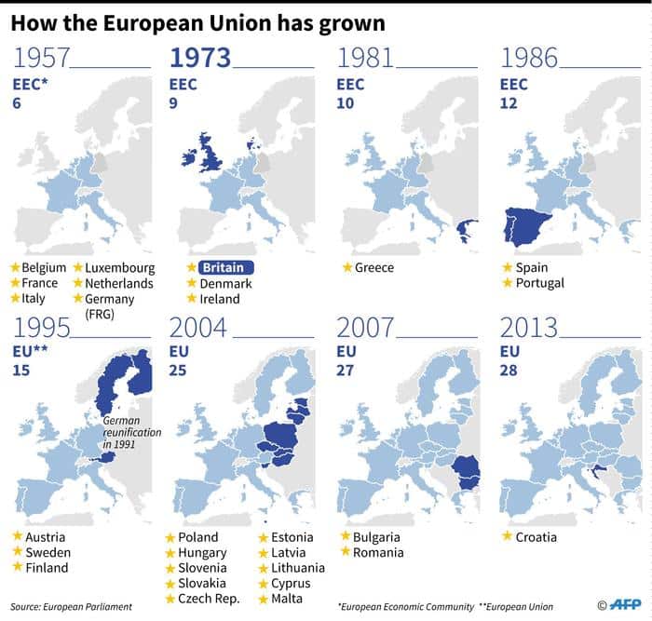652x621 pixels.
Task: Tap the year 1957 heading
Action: click(x=42, y=59)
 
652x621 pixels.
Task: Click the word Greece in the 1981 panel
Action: click(x=374, y=268)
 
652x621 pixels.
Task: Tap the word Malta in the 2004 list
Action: click(x=289, y=599)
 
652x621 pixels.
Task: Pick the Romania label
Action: click(x=378, y=553)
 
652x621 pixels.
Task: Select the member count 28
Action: click(x=509, y=371)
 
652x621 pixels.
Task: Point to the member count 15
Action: click(x=20, y=371)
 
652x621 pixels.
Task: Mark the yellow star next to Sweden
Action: click(x=14, y=553)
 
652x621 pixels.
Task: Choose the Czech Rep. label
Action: click(x=210, y=599)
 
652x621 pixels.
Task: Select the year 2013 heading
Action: click(x=529, y=329)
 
